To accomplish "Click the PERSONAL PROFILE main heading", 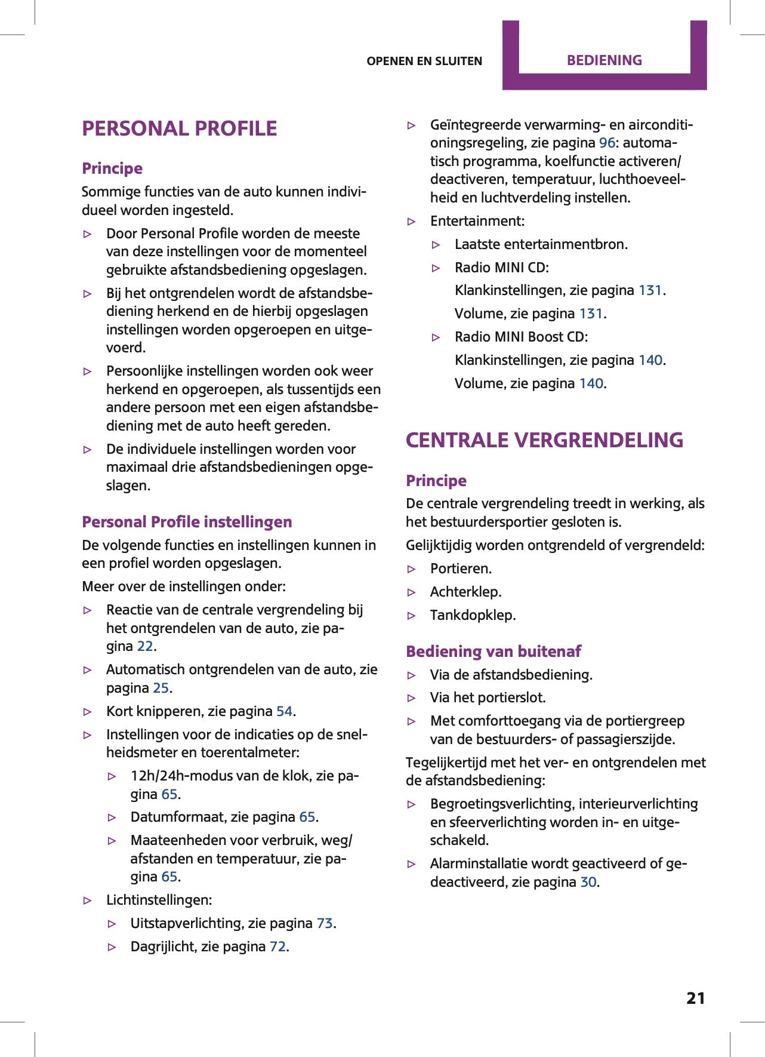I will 179,128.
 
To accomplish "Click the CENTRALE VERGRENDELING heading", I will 544,440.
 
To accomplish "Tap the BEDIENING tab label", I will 604,60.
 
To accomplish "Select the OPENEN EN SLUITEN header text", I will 424,61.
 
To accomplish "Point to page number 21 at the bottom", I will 695,998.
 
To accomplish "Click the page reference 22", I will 145,646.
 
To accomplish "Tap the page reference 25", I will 161,688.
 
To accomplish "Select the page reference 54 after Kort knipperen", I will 284,711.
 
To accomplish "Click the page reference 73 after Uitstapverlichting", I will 325,923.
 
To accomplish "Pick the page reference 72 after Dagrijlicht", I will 277,947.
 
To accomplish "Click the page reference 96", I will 607,143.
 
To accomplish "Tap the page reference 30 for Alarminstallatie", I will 588,882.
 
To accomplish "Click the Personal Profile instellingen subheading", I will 187,522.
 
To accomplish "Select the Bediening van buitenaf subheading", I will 493,652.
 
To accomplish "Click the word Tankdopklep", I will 472,615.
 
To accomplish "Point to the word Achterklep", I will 465,592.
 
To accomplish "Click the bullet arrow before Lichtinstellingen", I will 88,901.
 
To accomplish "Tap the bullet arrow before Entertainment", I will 412,222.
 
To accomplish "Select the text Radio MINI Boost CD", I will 520,337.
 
